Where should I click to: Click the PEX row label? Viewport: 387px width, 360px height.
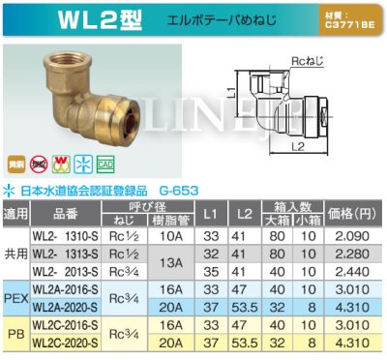point(15,297)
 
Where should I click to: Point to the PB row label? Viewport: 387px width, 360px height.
point(15,335)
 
